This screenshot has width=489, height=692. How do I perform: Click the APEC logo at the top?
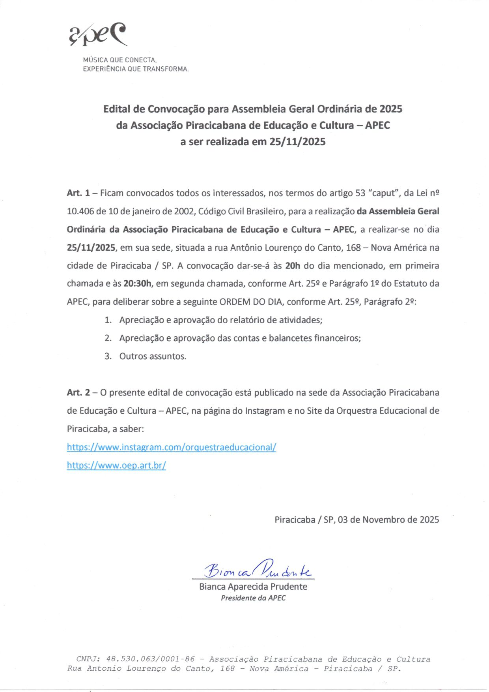(98, 34)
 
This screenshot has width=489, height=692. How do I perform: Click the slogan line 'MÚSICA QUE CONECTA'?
(120, 60)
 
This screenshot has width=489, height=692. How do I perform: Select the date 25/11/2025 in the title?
(297, 142)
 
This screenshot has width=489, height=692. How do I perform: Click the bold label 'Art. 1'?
(78, 193)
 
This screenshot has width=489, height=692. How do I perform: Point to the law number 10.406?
(80, 211)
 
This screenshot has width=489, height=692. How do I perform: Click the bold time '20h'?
(293, 266)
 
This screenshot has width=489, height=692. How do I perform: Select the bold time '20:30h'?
(137, 283)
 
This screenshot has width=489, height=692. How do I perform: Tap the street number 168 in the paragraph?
(353, 248)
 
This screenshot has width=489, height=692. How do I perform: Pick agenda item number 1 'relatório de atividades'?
(221, 320)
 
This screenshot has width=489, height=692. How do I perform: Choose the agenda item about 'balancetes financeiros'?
(240, 338)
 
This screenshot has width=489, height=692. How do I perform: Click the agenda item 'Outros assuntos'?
(153, 356)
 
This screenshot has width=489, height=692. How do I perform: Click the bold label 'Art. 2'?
(78, 393)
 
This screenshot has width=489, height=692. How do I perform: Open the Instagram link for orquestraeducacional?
(172, 447)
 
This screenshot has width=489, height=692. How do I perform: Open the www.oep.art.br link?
(116, 465)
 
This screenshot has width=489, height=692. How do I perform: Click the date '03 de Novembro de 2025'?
(388, 519)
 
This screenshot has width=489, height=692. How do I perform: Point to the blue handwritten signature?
(257, 569)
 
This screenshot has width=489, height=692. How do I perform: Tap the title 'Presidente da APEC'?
(253, 598)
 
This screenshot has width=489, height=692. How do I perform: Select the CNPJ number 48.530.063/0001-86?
(150, 659)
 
